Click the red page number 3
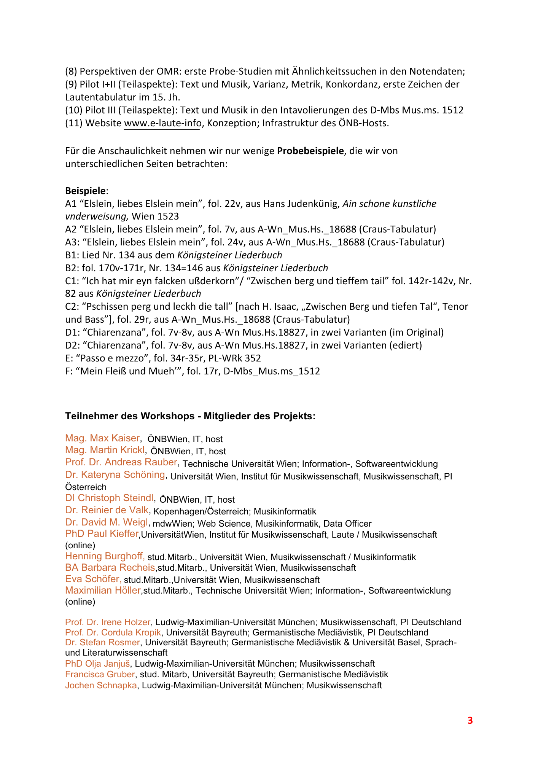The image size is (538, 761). (470, 720)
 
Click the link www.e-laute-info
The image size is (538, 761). (162, 123)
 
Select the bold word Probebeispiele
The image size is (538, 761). (310, 151)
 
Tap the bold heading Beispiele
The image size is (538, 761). (86, 190)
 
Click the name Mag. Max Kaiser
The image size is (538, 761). (102, 438)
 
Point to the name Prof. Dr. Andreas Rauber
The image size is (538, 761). (121, 462)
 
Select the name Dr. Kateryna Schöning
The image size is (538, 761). (115, 475)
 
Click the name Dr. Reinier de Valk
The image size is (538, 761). (107, 510)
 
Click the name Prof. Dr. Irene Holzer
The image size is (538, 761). (108, 622)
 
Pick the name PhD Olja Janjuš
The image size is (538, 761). (98, 664)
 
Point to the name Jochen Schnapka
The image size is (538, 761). (101, 685)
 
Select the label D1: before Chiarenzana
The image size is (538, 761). (72, 333)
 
